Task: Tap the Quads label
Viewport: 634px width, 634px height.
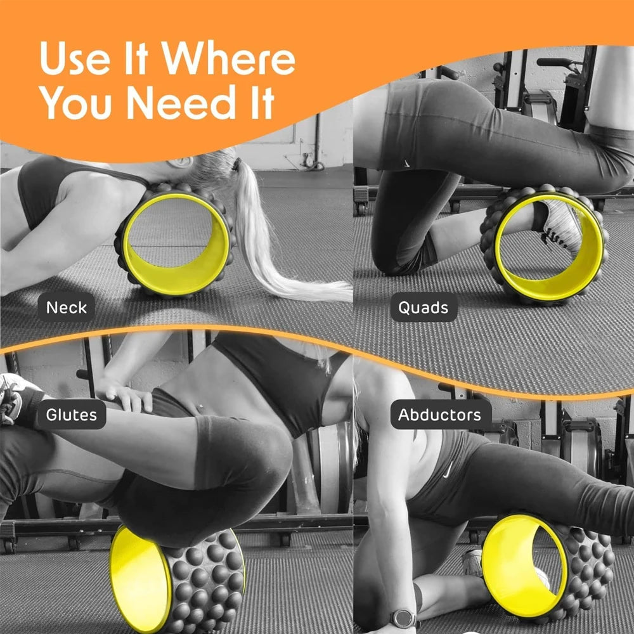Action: pyautogui.click(x=423, y=308)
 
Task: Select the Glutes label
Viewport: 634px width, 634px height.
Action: pyautogui.click(x=71, y=415)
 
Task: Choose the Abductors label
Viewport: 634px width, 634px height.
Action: pyautogui.click(x=439, y=415)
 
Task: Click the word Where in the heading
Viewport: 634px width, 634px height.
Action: pyautogui.click(x=228, y=60)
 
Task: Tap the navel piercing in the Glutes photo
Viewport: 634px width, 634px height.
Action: pyautogui.click(x=202, y=406)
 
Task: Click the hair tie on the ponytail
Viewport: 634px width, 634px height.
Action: pyautogui.click(x=236, y=165)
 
